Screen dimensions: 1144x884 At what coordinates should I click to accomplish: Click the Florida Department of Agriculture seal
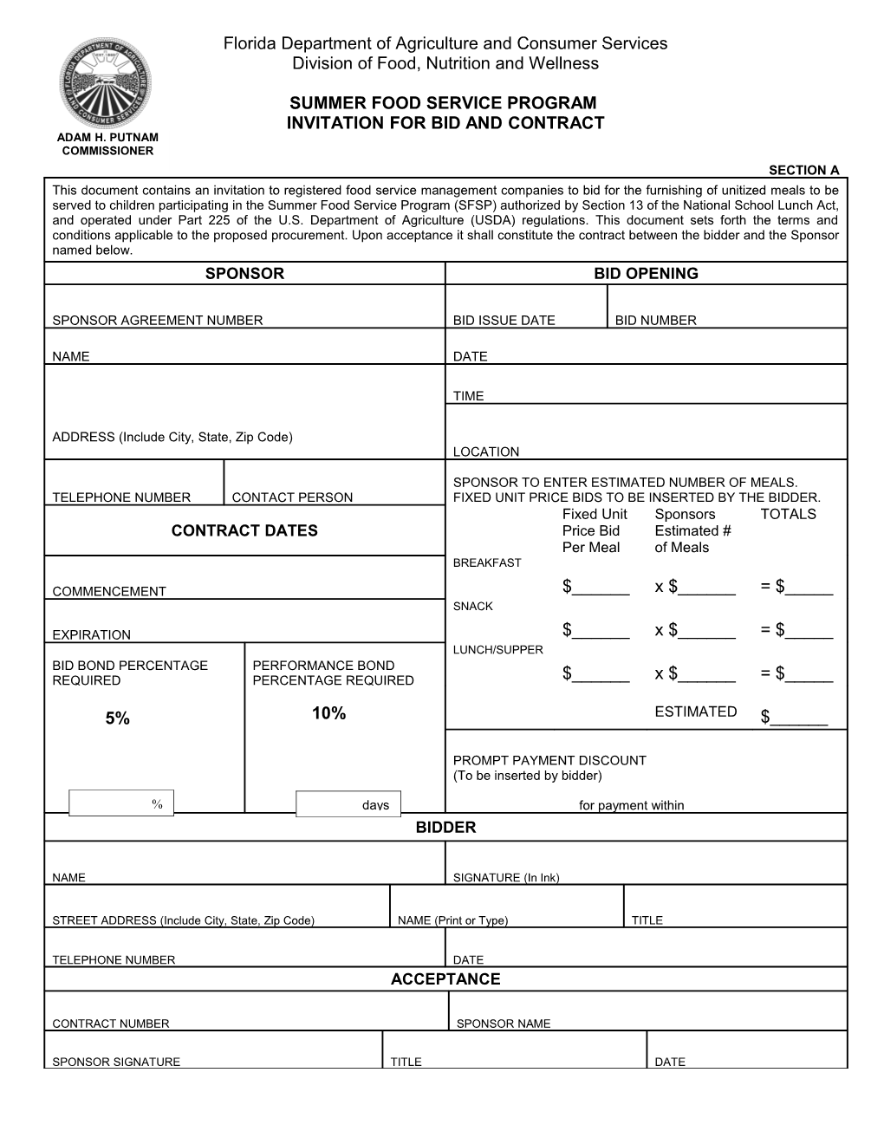pos(105,84)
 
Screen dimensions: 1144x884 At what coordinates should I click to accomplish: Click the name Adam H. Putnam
pos(107,138)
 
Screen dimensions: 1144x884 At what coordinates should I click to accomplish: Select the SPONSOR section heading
pos(244,274)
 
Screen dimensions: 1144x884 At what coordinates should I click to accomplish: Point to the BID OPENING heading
pos(646,274)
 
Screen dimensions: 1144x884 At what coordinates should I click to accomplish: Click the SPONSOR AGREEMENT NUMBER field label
pos(157,321)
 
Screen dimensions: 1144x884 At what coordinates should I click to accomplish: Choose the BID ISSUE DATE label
pos(504,321)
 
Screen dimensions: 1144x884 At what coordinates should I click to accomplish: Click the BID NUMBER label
pos(655,321)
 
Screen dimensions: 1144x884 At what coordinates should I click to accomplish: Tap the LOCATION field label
pos(486,452)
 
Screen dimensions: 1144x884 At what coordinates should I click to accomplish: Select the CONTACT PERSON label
pos(292,497)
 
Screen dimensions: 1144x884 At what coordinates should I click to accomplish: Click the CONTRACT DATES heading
pos(244,530)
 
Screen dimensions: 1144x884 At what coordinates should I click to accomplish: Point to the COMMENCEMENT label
pos(109,591)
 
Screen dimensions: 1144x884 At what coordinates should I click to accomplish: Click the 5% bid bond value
pos(117,718)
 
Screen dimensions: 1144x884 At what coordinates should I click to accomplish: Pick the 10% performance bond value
pos(328,713)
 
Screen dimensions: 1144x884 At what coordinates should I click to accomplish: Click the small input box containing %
pos(121,803)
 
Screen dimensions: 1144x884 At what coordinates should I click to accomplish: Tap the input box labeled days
pos(348,804)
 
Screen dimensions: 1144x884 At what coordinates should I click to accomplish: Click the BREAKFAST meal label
pos(487,563)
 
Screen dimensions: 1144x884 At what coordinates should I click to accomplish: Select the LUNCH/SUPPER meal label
pos(498,650)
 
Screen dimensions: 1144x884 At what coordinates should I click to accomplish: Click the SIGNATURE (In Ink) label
pos(506,877)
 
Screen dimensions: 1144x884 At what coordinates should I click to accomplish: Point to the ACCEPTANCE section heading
pos(445,979)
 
